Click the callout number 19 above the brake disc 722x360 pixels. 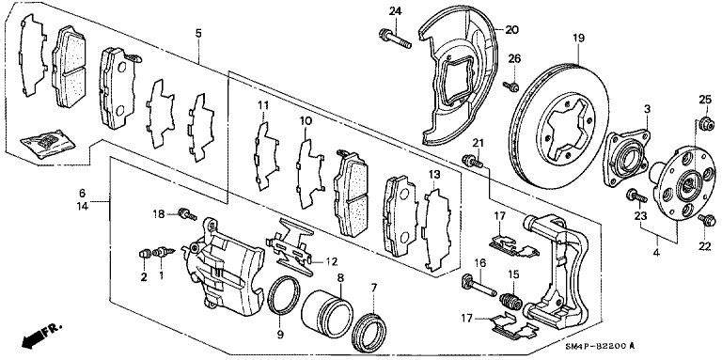[x=578, y=38]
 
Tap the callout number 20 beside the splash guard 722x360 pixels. [x=511, y=30]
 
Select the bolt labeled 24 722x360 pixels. [x=395, y=39]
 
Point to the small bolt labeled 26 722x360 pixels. [x=512, y=86]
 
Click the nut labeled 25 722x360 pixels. [x=706, y=124]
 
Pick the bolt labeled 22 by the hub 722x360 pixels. [x=706, y=220]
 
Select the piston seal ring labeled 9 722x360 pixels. [x=284, y=295]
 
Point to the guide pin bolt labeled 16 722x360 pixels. [x=479, y=285]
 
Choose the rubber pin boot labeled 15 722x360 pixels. [x=510, y=301]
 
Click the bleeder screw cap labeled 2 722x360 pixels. [x=145, y=253]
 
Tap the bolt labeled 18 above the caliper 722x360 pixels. [x=187, y=214]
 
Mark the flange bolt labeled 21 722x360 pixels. [x=472, y=161]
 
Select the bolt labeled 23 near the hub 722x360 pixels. [x=636, y=196]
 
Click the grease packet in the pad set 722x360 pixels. [x=47, y=144]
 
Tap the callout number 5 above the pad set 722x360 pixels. [x=198, y=33]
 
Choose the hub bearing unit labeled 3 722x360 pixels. [x=626, y=158]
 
